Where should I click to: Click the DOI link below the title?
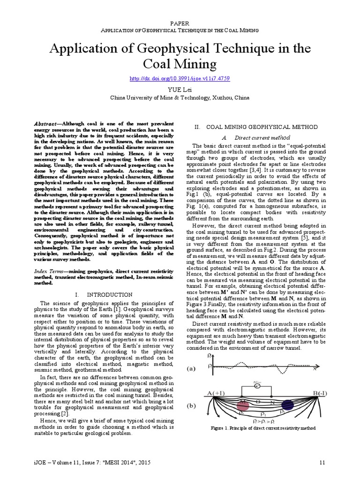pyautogui.click(x=180, y=79)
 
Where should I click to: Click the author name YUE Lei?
pyautogui.click(x=180, y=90)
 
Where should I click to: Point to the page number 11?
pyautogui.click(x=322, y=462)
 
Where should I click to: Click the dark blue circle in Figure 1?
pyautogui.click(x=287, y=405)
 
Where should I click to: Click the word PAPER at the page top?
pyautogui.click(x=180, y=23)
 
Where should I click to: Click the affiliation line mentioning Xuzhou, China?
pyautogui.click(x=180, y=98)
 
